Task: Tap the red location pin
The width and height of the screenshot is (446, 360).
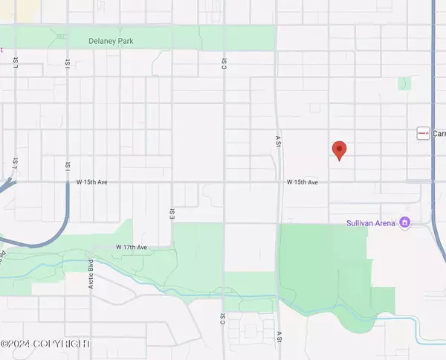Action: coord(340,150)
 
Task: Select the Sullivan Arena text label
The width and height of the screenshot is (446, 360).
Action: coord(372,222)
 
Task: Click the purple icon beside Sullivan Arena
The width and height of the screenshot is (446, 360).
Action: coord(405,222)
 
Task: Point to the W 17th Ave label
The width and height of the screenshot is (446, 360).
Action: coord(131,246)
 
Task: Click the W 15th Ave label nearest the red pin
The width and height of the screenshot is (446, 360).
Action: coord(303,181)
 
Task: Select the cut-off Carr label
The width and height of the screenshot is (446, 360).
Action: coord(439,133)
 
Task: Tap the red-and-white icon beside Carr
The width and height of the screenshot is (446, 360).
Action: coord(423,133)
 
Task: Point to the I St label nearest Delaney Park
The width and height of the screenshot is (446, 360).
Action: coord(67,65)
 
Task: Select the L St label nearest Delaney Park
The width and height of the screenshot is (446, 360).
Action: coord(15,65)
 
